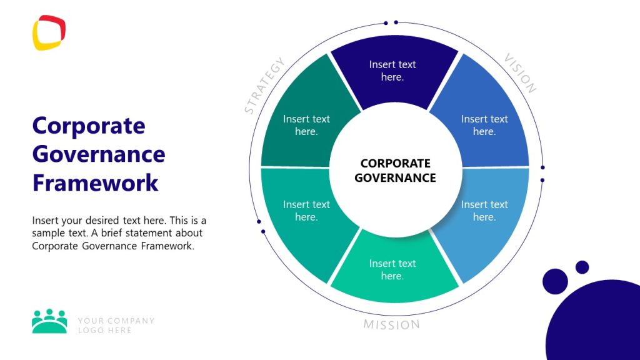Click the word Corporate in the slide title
[88, 126]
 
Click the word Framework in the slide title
[95, 183]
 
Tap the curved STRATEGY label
[264, 86]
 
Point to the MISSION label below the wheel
[392, 325]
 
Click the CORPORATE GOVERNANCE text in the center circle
[395, 170]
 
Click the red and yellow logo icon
[49, 32]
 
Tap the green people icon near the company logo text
[49, 321]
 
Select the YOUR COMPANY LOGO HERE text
[116, 326]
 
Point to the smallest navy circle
[582, 267]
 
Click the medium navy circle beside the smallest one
[555, 281]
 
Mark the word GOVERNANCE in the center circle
[395, 177]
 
